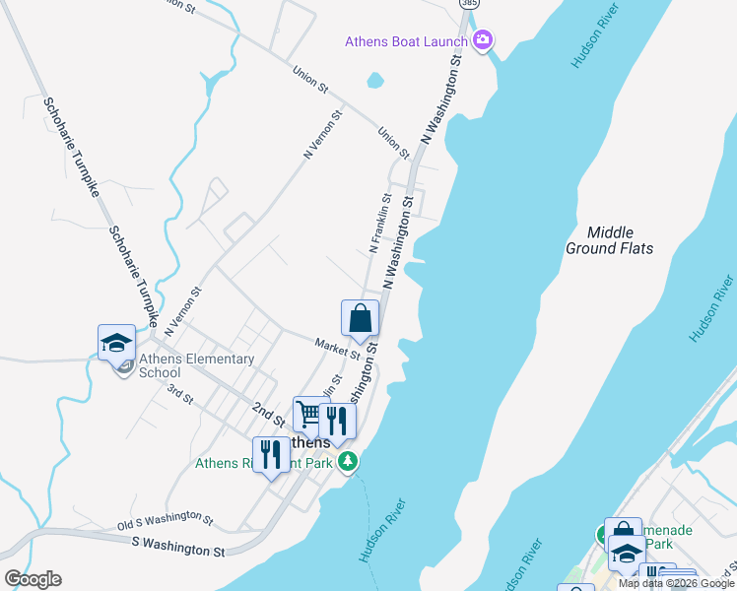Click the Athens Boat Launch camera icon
[483, 40]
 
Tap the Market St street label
[337, 348]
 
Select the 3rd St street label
[179, 395]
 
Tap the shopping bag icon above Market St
[361, 319]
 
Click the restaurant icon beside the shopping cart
[337, 421]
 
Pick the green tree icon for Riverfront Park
[347, 461]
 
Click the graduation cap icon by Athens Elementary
[116, 344]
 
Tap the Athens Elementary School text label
[196, 366]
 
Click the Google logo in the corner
[33, 578]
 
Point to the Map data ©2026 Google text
[676, 583]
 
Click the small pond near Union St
[374, 80]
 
